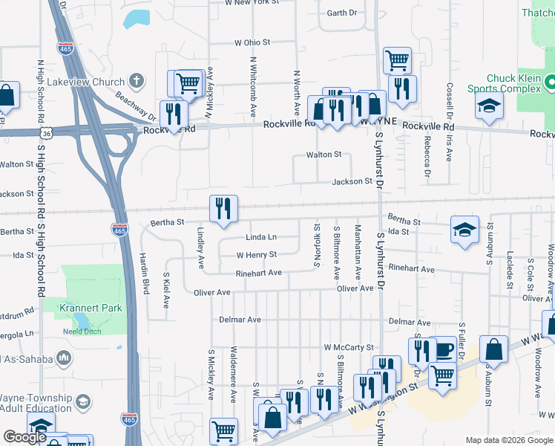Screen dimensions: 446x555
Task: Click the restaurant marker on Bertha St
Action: click(x=223, y=210)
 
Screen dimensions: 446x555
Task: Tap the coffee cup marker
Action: click(x=443, y=349)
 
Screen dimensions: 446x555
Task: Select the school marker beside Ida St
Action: click(x=464, y=230)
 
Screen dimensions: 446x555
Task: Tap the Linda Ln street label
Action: click(x=261, y=237)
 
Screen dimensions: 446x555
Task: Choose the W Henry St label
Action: click(x=256, y=254)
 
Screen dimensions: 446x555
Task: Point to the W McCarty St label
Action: click(x=348, y=347)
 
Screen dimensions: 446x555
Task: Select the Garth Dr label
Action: click(x=342, y=13)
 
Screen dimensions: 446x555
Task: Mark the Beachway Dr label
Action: click(x=135, y=106)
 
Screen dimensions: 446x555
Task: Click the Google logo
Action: click(x=24, y=437)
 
